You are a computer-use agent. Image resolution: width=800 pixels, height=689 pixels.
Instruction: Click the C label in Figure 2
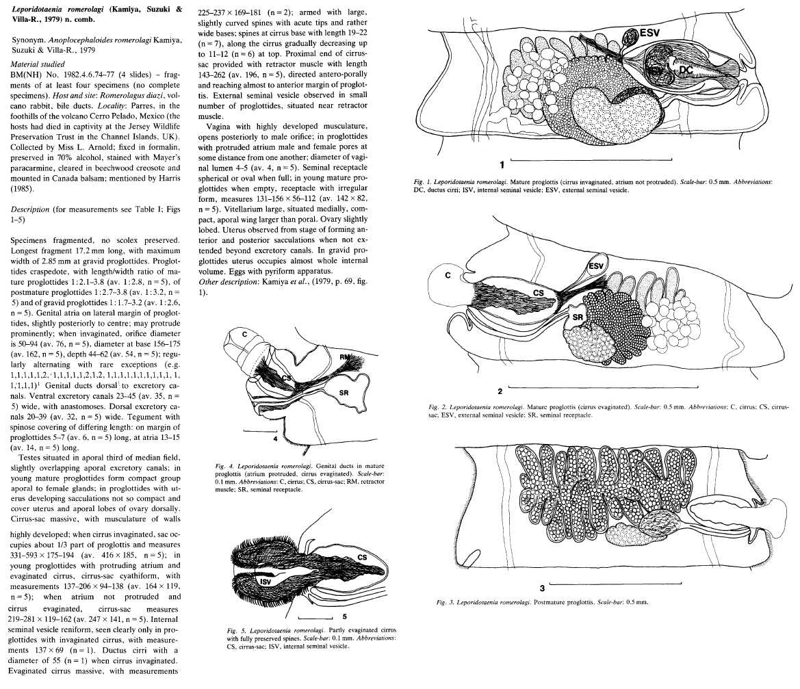click(448, 275)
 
